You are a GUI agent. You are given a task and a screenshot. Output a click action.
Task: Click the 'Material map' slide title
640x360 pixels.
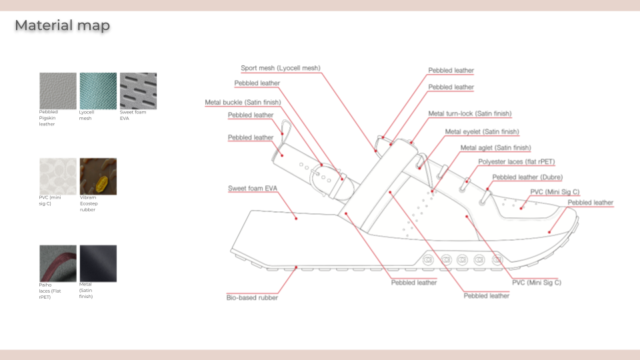(x=62, y=26)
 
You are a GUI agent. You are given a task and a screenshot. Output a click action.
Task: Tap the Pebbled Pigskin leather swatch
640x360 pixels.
(x=58, y=91)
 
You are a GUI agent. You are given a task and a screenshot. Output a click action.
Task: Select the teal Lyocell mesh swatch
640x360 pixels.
(x=98, y=91)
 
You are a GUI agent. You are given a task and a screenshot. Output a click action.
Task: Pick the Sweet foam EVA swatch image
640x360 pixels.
(x=138, y=91)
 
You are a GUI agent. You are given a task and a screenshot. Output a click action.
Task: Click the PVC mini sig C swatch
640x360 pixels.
(x=58, y=176)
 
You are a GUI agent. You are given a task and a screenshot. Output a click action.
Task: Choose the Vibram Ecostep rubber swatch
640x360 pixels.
(x=98, y=176)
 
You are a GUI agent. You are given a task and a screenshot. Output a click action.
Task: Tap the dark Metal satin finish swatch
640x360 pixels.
(x=98, y=263)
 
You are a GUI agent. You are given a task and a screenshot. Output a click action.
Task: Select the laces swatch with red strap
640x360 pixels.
(x=58, y=263)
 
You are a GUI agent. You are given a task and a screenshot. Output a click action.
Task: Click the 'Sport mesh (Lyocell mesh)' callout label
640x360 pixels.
(x=280, y=68)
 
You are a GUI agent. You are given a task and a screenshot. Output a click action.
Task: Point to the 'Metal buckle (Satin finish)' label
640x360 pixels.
(x=242, y=102)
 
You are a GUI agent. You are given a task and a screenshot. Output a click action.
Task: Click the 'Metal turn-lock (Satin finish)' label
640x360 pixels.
(x=469, y=114)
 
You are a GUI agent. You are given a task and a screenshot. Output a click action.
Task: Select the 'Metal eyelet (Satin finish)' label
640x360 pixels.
(x=481, y=132)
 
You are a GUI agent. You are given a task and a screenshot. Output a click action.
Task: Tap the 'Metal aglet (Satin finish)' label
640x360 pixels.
(x=495, y=147)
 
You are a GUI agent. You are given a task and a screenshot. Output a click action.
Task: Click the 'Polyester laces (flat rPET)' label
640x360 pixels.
(x=516, y=162)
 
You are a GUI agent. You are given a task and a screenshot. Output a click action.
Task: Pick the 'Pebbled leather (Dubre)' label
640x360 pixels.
(x=527, y=177)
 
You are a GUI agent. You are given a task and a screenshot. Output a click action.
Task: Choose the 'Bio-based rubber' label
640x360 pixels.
(x=252, y=297)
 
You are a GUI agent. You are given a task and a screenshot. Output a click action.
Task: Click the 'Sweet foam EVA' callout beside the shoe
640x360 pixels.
(x=252, y=189)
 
